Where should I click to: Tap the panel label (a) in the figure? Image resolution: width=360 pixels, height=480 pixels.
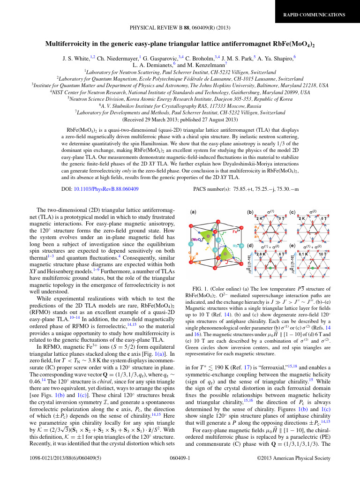[193, 212]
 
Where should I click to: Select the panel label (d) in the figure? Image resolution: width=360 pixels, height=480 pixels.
[251, 245]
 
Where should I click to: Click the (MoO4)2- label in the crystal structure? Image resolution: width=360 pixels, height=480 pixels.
[197, 240]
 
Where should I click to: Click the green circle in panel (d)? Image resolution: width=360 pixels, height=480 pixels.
[270, 268]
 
